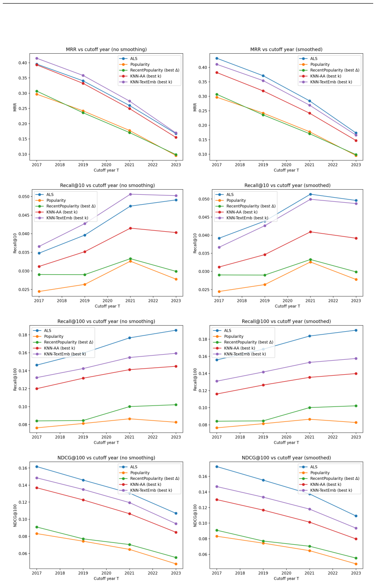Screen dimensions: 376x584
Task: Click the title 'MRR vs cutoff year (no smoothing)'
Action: coord(106,49)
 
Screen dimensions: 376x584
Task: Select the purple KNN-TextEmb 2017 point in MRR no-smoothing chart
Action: coord(37,58)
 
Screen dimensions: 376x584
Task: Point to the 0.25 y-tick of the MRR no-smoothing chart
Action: coord(23,108)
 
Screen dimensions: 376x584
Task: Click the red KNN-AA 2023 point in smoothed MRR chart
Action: coord(356,141)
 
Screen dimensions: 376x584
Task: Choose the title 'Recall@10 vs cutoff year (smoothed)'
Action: coord(287,185)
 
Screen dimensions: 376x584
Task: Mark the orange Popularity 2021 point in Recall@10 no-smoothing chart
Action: coord(130,261)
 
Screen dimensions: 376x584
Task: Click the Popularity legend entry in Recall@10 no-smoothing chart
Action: coord(51,200)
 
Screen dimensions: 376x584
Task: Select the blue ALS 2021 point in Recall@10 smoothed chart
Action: coord(310,194)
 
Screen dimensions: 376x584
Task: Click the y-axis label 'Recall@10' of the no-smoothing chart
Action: coord(15,243)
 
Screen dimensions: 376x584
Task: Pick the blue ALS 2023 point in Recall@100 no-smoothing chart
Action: coord(176,330)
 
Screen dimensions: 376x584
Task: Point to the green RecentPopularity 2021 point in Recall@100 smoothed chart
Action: coord(310,407)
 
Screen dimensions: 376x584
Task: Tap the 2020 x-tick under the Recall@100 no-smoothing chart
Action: coord(106,437)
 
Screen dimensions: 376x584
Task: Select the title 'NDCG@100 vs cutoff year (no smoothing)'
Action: coord(106,457)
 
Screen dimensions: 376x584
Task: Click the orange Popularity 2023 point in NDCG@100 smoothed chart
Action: coord(356,564)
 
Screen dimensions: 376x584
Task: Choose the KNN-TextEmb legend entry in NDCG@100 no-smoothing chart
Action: coord(145,490)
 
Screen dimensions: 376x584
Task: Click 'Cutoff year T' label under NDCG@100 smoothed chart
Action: coord(286,578)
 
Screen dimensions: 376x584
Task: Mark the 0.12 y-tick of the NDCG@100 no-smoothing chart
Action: coord(23,502)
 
